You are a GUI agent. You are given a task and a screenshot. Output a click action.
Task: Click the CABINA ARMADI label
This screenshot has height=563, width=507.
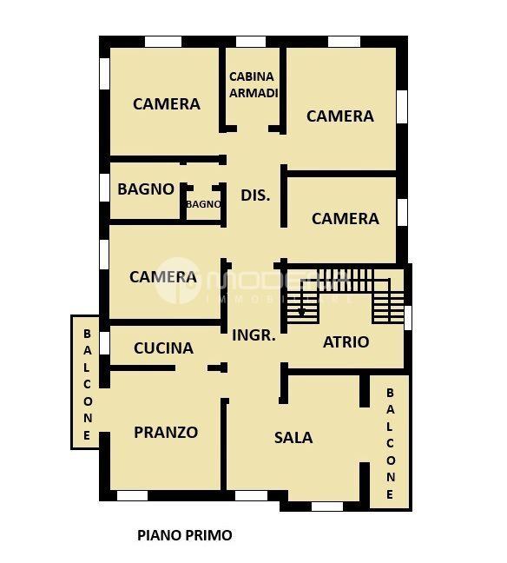tap(252, 84)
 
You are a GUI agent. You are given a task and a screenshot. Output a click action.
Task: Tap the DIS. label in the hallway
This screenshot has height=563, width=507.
tap(255, 195)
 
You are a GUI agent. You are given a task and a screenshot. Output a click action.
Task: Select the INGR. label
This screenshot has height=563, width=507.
tap(253, 334)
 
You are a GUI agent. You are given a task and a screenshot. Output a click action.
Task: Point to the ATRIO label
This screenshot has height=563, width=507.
tap(346, 341)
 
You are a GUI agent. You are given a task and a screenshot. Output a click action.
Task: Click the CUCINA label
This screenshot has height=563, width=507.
tap(163, 348)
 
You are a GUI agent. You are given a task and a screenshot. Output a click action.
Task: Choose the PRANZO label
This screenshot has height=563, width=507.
tap(166, 432)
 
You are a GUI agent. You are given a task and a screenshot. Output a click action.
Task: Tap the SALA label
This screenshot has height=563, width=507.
tap(293, 437)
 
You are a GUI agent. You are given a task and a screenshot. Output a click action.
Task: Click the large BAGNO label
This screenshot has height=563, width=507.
tap(146, 189)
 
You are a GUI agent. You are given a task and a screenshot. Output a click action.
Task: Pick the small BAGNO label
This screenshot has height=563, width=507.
tap(203, 204)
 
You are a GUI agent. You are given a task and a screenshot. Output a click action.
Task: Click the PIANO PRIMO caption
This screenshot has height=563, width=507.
tap(185, 535)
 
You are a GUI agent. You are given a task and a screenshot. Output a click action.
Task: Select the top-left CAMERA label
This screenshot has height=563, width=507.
tap(166, 103)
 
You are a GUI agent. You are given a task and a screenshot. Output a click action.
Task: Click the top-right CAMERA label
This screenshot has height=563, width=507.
tap(339, 116)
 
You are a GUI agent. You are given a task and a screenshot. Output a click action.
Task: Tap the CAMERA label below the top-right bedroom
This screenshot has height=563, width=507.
tap(345, 218)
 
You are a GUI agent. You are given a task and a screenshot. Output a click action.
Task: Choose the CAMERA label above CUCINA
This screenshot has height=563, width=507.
tap(162, 277)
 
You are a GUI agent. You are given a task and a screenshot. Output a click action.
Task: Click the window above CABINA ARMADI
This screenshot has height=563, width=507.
tap(251, 42)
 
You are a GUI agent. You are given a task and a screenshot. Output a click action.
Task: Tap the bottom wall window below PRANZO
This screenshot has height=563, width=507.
tap(132, 496)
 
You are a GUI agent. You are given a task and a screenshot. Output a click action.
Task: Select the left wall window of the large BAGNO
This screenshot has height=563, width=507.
tap(104, 188)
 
